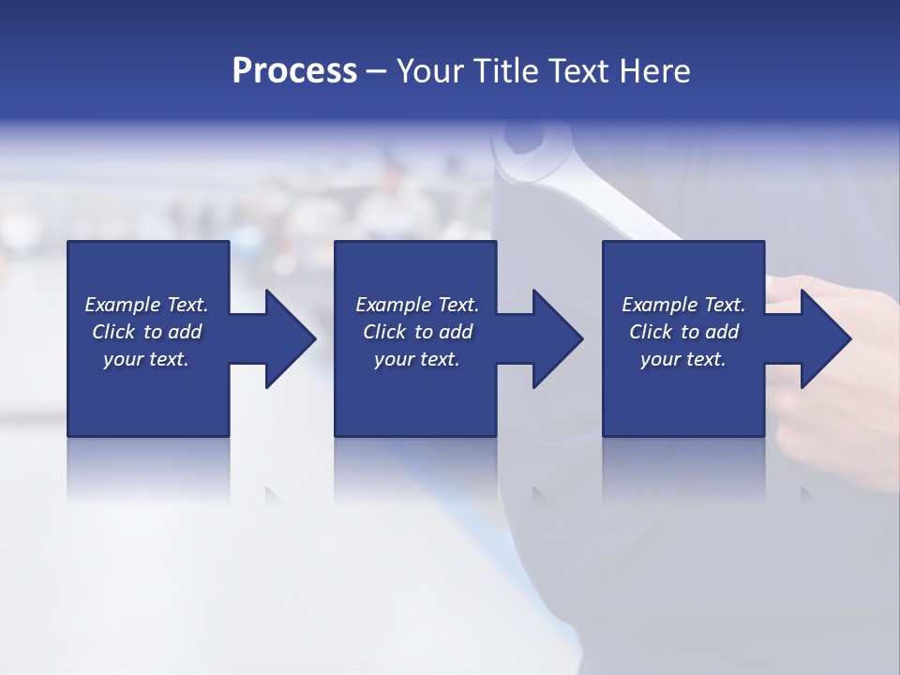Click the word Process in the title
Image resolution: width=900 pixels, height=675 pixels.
[x=294, y=71]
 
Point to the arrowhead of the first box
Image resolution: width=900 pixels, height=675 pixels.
[x=291, y=338]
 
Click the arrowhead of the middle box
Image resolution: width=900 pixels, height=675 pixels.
[x=558, y=338]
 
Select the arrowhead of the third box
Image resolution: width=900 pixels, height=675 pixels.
[x=826, y=338]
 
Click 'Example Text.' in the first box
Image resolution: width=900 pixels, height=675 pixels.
[x=146, y=305]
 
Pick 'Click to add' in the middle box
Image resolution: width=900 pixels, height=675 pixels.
[x=417, y=332]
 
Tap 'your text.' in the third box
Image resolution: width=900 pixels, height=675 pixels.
[x=683, y=359]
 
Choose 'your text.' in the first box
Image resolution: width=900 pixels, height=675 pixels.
[x=146, y=359]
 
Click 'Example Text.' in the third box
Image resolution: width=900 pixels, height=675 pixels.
[x=683, y=305]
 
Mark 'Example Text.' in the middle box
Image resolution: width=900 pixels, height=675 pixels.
[x=417, y=305]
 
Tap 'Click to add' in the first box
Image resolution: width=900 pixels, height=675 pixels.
[x=146, y=332]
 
